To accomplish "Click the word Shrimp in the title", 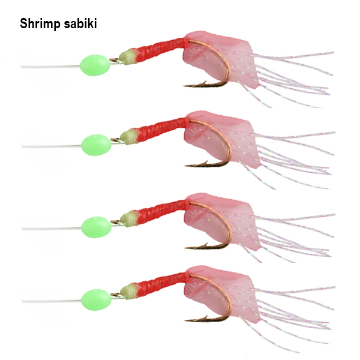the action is point(40,24).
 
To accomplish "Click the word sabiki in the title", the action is point(80,23).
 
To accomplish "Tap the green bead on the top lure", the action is point(95,65).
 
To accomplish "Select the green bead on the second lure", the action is point(96,145).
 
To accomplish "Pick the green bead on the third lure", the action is point(96,227).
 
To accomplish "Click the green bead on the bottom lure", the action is point(96,300).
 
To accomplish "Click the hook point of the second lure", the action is point(186,166).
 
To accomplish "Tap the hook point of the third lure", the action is point(186,248).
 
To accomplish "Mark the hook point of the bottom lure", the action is point(186,320).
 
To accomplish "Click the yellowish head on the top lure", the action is point(128,57).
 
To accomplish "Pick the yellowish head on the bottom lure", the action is point(129,292).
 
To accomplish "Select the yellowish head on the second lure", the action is point(129,137).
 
